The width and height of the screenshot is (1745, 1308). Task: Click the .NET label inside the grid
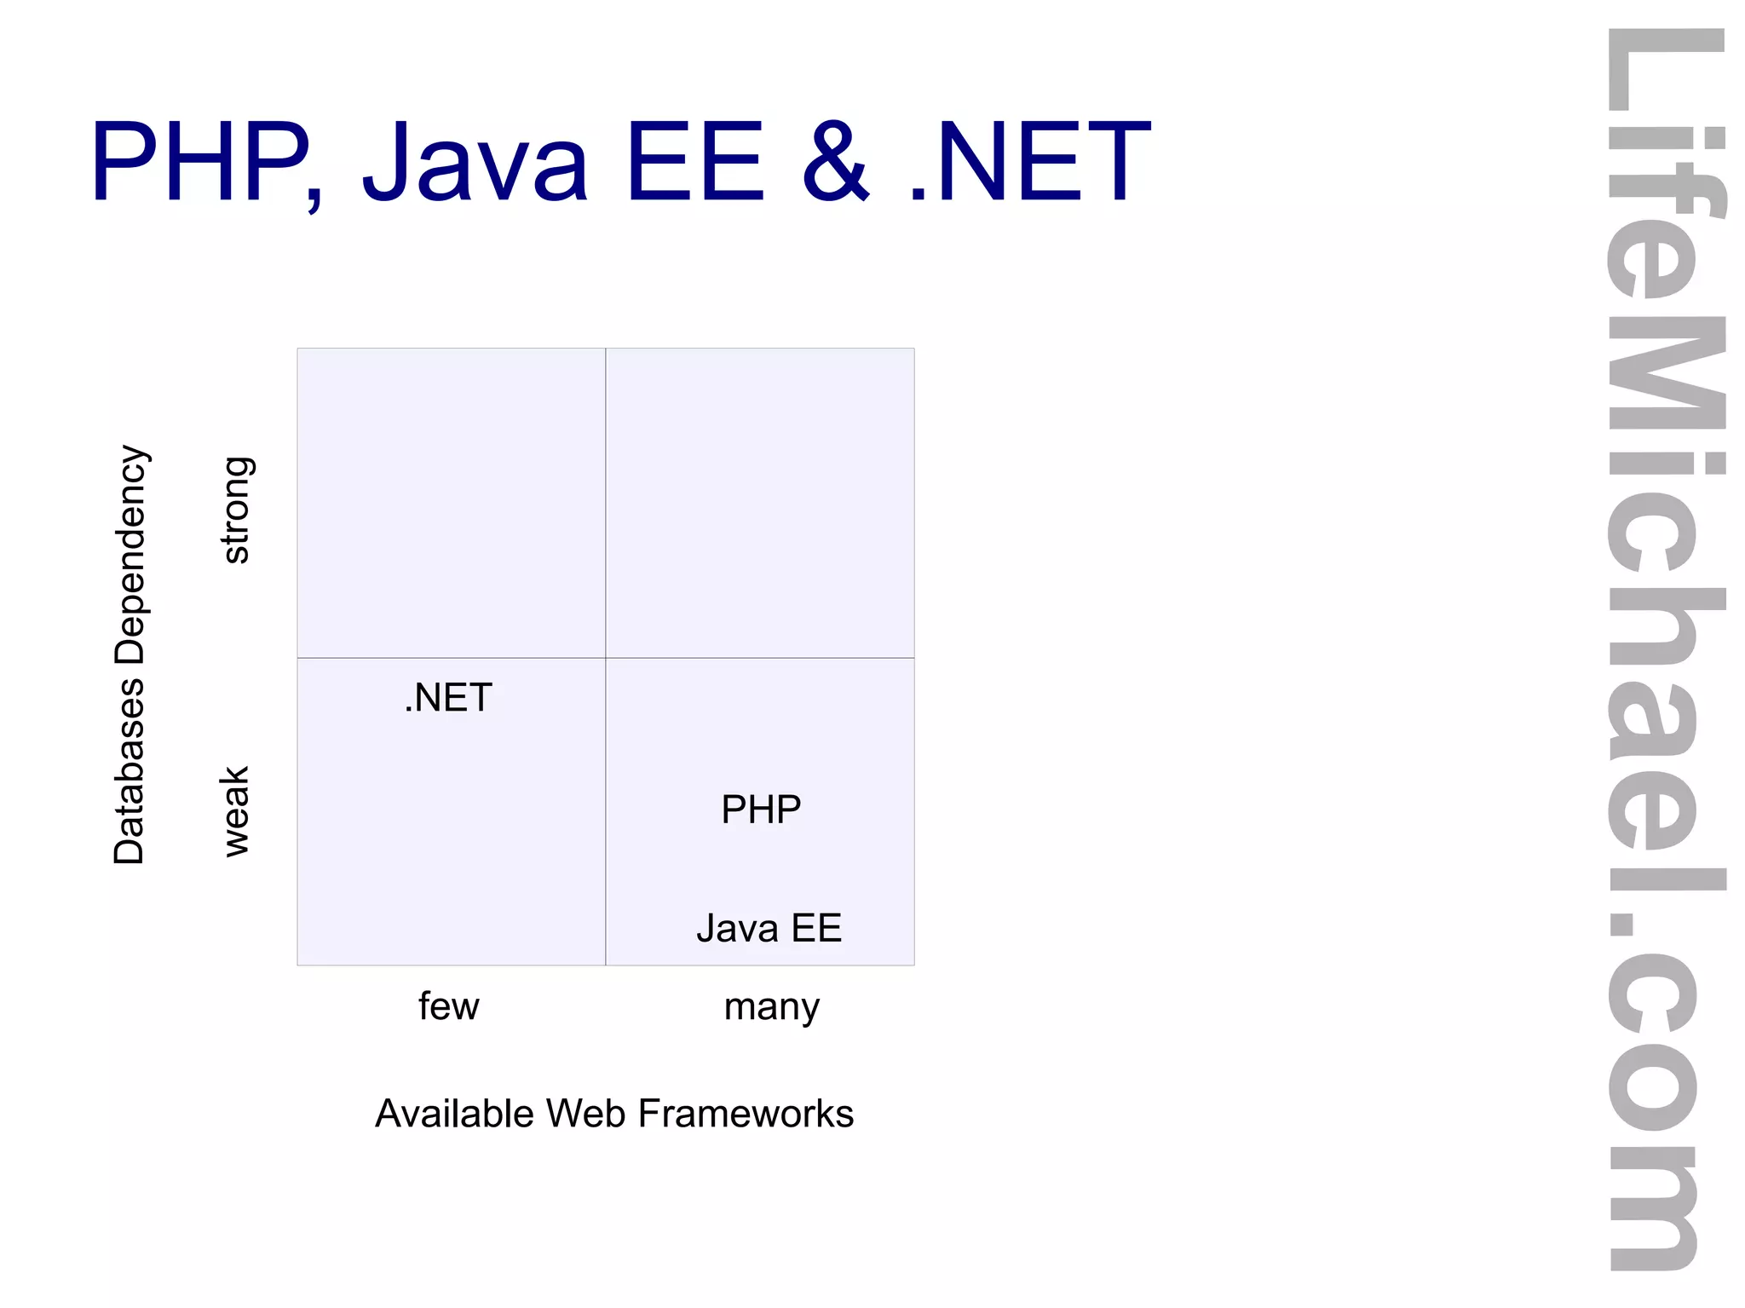click(448, 698)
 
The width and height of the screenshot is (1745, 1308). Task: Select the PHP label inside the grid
click(761, 810)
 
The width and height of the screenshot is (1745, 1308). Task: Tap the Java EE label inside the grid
click(769, 928)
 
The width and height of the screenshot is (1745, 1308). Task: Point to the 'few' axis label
click(448, 1006)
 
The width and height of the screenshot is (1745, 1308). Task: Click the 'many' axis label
click(771, 1007)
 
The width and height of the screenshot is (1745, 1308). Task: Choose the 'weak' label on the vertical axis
click(235, 810)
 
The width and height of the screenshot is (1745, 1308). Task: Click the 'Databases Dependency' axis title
click(130, 654)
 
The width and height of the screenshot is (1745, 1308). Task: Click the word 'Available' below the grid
click(454, 1114)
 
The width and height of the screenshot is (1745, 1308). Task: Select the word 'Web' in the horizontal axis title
click(586, 1114)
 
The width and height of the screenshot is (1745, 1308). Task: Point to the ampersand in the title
click(836, 162)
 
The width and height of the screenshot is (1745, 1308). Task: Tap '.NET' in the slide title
click(1030, 162)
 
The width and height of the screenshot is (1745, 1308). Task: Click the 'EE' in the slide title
click(694, 162)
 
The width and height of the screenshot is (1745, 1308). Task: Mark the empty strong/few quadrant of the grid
click(451, 503)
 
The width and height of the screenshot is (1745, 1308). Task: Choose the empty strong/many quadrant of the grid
click(760, 503)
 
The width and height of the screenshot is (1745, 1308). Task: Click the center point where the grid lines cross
click(606, 658)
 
